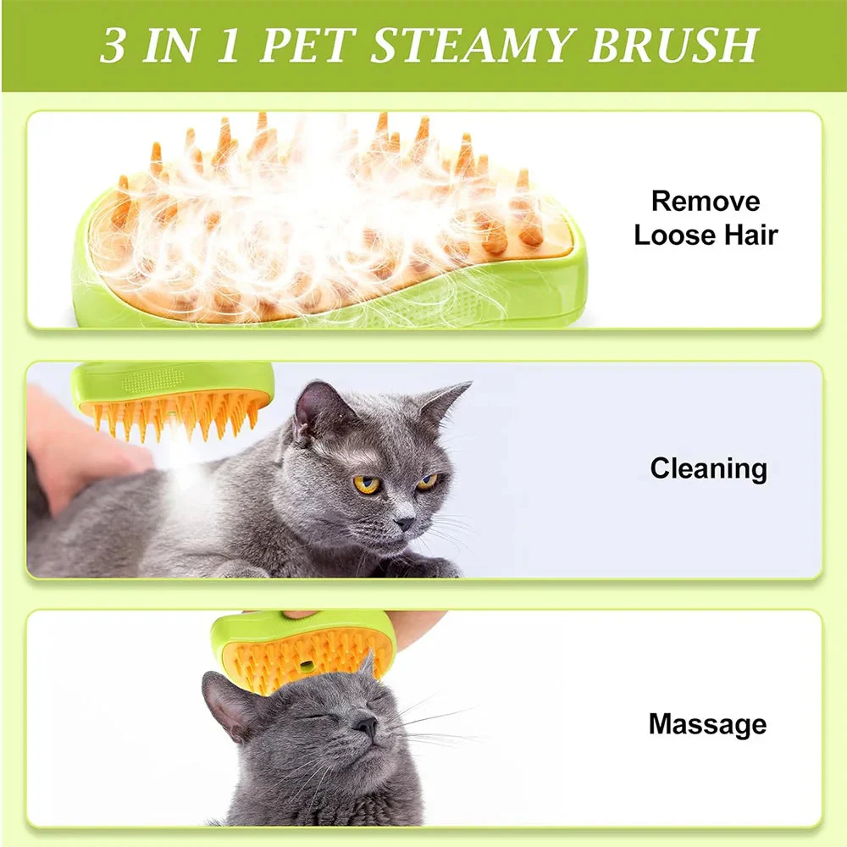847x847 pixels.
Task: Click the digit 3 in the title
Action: [113, 46]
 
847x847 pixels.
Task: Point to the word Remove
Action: [706, 202]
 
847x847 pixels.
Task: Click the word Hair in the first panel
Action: [746, 235]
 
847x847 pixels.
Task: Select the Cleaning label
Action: [708, 468]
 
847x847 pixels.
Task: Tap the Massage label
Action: [707, 724]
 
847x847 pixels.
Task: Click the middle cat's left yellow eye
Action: [367, 484]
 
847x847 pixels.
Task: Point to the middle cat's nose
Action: [405, 523]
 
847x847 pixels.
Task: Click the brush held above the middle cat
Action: [174, 398]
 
